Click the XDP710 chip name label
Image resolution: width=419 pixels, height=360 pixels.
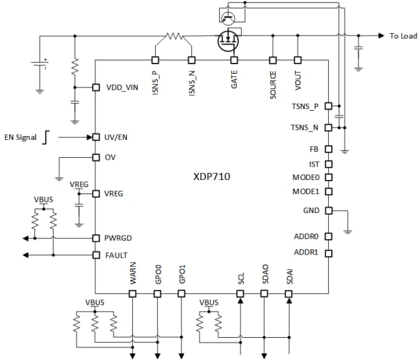tap(212, 176)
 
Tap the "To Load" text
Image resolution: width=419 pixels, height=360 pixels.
tap(403, 36)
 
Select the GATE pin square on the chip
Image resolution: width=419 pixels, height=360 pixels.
tap(234, 60)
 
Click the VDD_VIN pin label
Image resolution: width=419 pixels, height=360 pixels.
tap(121, 87)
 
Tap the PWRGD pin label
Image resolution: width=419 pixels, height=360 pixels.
tap(118, 238)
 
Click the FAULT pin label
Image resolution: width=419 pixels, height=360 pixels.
tap(116, 255)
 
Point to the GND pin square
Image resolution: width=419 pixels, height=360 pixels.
tap(328, 211)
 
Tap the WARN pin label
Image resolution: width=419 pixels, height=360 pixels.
tap(134, 277)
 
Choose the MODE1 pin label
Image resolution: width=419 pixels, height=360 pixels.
tap(306, 191)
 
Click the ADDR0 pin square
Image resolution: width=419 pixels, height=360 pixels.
tap(328, 236)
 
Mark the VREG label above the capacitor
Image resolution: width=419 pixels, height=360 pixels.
tap(79, 184)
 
